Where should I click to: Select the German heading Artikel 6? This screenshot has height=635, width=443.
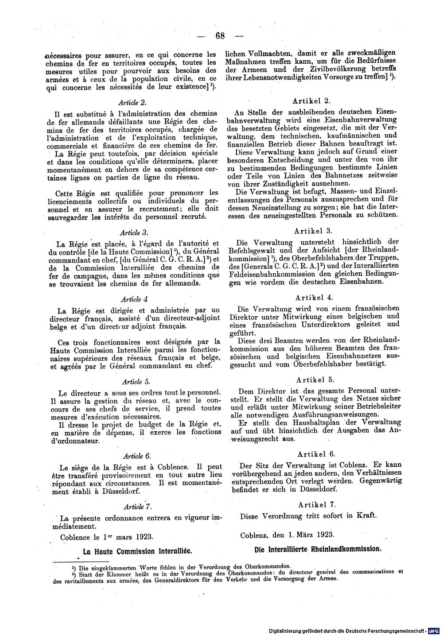(x=316, y=454)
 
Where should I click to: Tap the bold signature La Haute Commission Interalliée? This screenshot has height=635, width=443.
(x=137, y=551)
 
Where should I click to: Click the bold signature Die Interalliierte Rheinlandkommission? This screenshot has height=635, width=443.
(x=317, y=549)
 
